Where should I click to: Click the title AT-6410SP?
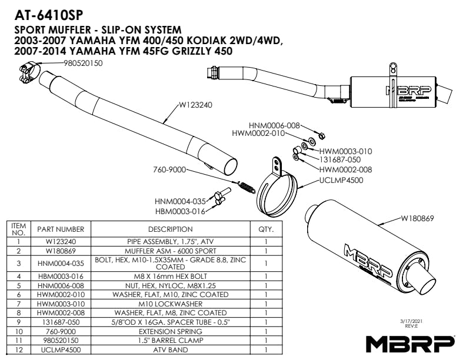pyautogui.click(x=49, y=12)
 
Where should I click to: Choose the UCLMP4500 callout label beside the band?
pyautogui.click(x=340, y=180)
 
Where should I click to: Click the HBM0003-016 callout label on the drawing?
pyautogui.click(x=180, y=211)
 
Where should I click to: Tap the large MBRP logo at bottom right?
pyautogui.click(x=410, y=342)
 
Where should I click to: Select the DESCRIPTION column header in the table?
pyautogui.click(x=170, y=229)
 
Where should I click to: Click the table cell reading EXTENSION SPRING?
pyautogui.click(x=170, y=332)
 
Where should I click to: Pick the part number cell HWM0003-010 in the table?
pyautogui.click(x=61, y=304)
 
